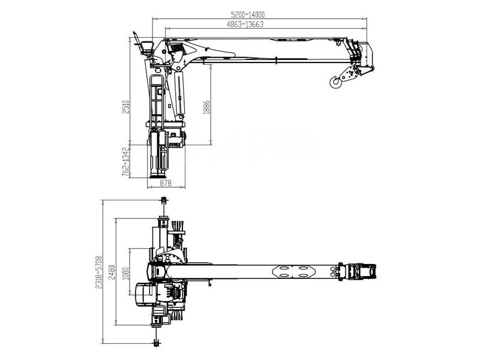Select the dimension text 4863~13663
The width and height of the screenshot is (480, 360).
[x=245, y=25]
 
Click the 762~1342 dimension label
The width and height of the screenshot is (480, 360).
[x=125, y=160]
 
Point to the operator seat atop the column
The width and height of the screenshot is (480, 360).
[x=145, y=47]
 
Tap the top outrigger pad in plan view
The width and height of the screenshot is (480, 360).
[x=163, y=200]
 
